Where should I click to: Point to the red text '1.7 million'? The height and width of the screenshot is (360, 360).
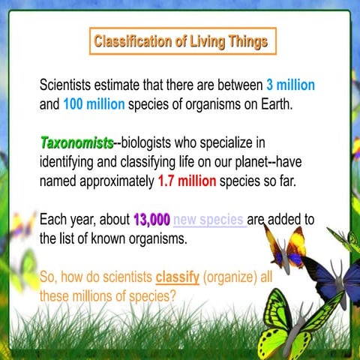187,181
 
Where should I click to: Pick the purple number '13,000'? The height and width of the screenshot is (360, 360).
151,221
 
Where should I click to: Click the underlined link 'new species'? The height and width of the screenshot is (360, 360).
209,221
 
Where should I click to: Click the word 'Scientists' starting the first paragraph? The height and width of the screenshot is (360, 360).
71,84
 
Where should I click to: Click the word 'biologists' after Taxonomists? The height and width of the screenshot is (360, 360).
154,142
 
